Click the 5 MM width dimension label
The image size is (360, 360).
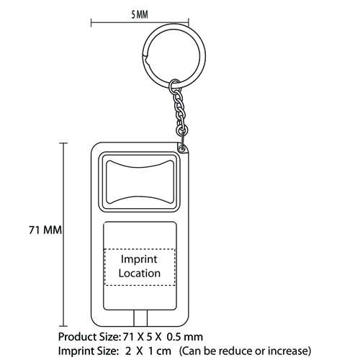pos(140,14)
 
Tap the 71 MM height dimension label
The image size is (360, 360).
pos(45,230)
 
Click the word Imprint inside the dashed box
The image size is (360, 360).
pos(139,259)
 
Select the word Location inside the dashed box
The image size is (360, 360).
pos(140,274)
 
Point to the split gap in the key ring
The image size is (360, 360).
pos(146,58)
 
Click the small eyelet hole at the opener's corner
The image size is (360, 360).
pos(182,149)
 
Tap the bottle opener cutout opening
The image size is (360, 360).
pos(140,182)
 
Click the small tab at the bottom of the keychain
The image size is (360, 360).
pos(140,318)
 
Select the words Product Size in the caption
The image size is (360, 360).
pos(89,337)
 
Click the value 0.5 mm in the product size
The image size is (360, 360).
pos(185,337)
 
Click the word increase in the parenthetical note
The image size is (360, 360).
pos(287,351)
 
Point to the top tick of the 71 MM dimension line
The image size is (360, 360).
pos(63,143)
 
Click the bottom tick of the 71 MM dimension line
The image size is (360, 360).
pos(63,326)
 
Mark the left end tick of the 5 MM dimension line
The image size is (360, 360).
pos(91,22)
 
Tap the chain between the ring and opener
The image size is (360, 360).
pos(180,113)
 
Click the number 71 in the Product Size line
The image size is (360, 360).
pos(128,337)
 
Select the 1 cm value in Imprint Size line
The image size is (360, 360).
pos(160,351)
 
